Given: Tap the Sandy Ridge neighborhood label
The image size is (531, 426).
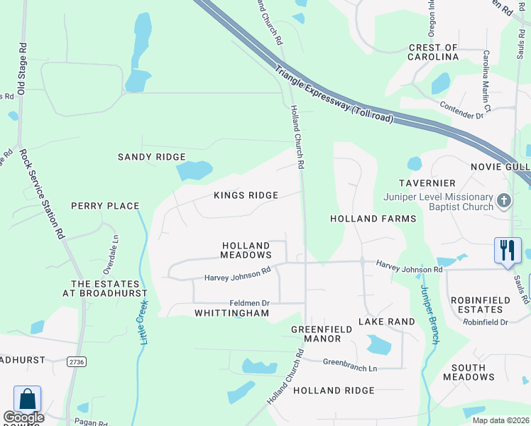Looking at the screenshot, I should click(151, 157).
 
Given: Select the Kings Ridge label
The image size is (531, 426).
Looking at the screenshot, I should click(246, 195).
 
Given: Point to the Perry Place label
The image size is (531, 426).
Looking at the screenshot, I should click(105, 206).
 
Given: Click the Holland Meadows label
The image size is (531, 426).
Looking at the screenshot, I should click(246, 250).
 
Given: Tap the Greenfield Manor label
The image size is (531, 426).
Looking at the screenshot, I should click(317, 334).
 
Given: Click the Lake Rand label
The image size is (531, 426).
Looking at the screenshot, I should click(386, 322).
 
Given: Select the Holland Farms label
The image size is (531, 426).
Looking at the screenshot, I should click(373, 219).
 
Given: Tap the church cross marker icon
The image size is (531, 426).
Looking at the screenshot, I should click(504, 201).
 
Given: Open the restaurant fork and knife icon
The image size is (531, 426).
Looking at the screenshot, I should click(507, 250).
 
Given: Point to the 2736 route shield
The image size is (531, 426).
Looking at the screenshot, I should click(76, 361).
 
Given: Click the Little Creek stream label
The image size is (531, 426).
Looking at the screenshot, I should click(141, 322).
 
